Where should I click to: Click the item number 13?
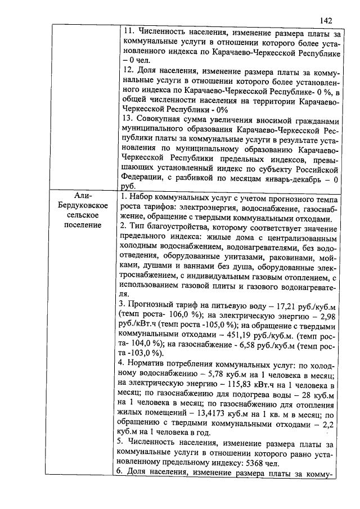coord(128,121)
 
